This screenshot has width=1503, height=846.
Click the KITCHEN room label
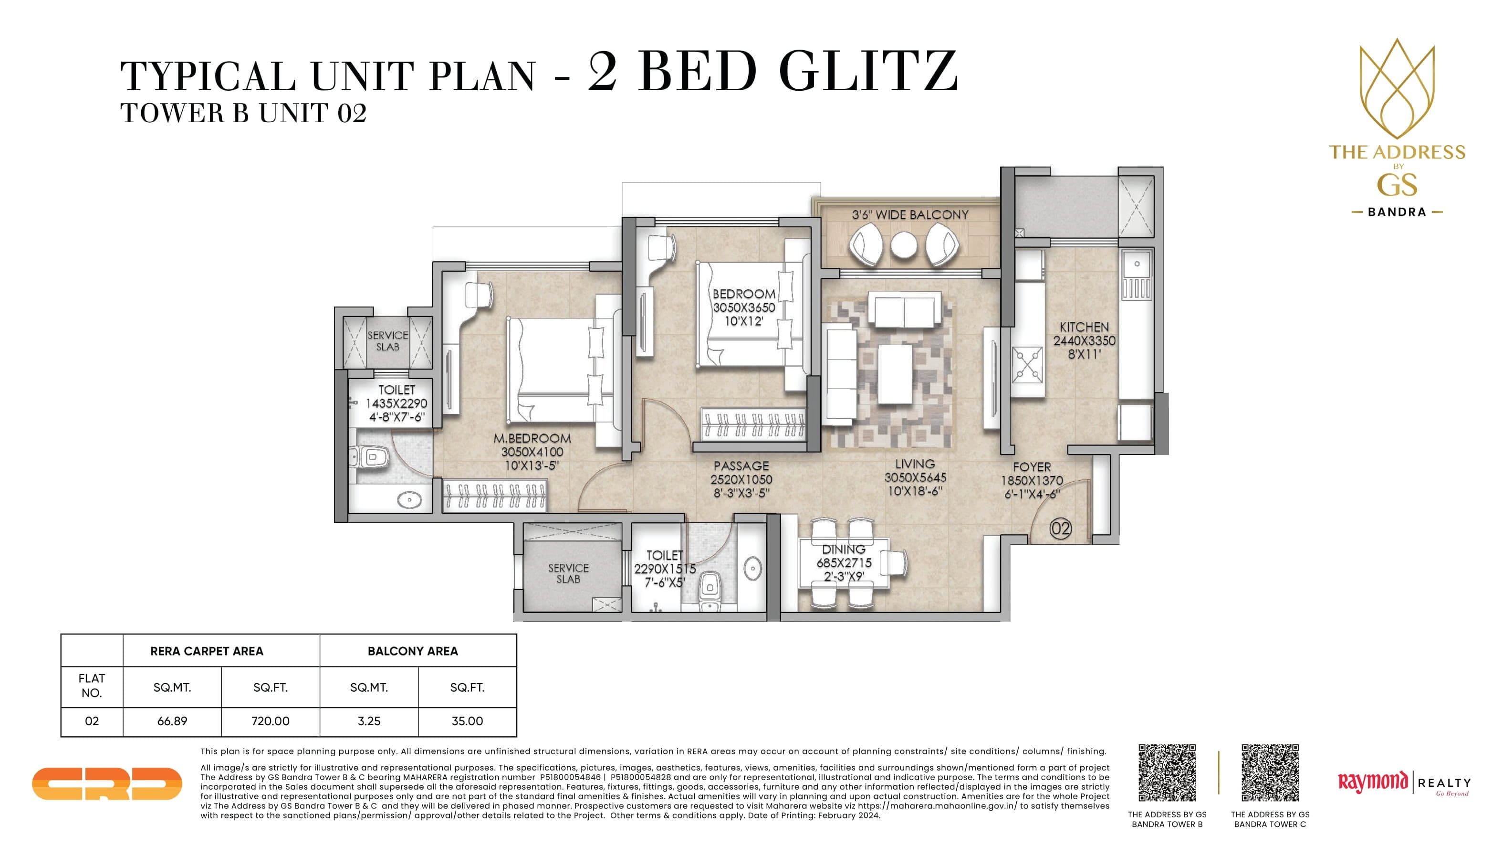click(1084, 327)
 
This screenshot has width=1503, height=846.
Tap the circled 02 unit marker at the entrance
click(1060, 529)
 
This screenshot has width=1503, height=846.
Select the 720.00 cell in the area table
click(270, 721)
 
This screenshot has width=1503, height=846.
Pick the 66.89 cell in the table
click(172, 721)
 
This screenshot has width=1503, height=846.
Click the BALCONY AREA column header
click(413, 651)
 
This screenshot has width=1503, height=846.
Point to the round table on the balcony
click(904, 246)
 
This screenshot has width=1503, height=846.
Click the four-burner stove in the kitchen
click(1027, 364)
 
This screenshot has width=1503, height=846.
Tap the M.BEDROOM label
click(532, 438)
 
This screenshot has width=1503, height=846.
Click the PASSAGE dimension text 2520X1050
click(741, 479)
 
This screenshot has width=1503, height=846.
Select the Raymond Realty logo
click(1403, 783)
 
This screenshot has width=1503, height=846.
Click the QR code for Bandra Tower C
click(1270, 772)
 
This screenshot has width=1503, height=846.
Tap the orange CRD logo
click(107, 783)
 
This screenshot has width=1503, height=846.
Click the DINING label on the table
click(843, 550)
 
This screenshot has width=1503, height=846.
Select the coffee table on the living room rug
click(895, 374)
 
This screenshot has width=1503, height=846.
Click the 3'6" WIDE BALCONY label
click(909, 215)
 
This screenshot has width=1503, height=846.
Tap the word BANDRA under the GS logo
click(1397, 212)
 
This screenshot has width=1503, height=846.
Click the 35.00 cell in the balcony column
click(467, 721)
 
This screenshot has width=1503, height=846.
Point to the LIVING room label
click(915, 464)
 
